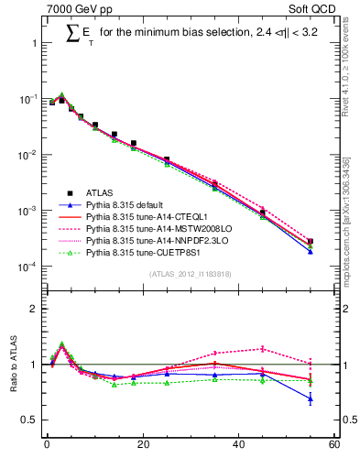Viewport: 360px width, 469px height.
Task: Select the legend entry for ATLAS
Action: [100, 192]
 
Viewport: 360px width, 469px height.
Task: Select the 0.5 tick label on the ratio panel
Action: [31, 420]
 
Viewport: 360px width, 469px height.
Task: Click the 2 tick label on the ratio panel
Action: [35, 309]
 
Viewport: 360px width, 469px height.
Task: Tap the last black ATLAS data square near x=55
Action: [311, 242]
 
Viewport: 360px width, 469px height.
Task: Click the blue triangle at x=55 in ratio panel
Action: [311, 398]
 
